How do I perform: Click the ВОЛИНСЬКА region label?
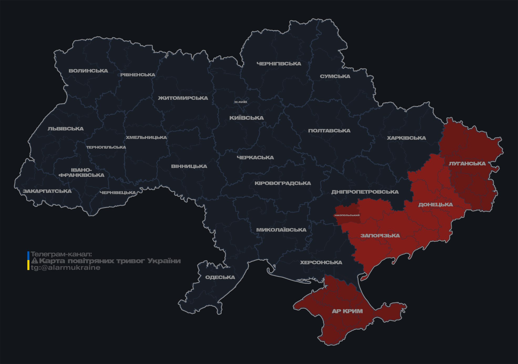tap(88, 71)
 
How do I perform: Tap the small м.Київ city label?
tap(240, 102)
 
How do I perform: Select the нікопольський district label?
tap(347, 215)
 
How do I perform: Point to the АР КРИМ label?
tap(347, 311)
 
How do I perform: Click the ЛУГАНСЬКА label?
tap(467, 163)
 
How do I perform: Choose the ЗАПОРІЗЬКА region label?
tap(380, 236)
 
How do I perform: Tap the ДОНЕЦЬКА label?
tap(435, 205)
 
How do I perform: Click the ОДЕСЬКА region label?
tap(220, 277)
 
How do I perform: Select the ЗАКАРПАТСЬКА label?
tap(47, 191)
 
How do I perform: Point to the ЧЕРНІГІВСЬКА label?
tap(279, 64)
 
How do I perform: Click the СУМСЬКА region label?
tap(335, 76)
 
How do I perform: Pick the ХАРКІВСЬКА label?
tap(406, 138)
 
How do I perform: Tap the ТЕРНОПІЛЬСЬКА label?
tap(106, 147)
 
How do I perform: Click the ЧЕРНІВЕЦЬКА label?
tap(118, 193)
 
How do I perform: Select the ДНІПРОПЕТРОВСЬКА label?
tap(365, 192)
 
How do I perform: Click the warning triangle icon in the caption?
tap(35, 261)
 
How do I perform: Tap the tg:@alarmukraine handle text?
tap(65, 268)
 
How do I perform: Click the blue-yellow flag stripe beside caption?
tap(28, 261)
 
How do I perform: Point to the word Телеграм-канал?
tap(61, 254)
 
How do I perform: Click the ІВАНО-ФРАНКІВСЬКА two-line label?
tap(81, 173)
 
